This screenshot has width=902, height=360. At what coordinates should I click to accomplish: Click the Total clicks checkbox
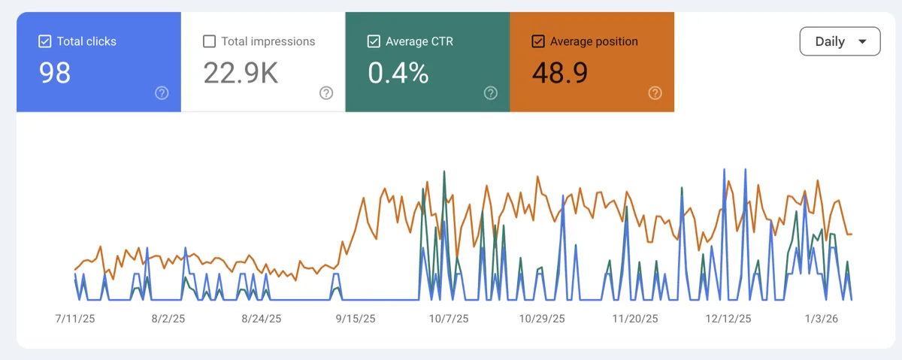(x=44, y=41)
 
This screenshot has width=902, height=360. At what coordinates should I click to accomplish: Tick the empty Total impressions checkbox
(x=209, y=41)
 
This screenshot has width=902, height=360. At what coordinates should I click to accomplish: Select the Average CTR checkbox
(x=374, y=41)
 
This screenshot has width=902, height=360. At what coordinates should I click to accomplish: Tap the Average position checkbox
(x=538, y=41)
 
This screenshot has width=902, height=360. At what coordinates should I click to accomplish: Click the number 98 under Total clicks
(x=55, y=73)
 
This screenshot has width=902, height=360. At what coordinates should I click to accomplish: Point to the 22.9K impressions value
(x=241, y=73)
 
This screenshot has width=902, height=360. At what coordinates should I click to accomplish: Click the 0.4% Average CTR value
(x=398, y=73)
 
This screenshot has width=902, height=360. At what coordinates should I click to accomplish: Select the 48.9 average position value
(x=560, y=73)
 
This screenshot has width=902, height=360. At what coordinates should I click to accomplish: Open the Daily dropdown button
(x=840, y=42)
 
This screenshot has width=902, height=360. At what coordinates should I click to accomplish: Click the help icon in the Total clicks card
(x=162, y=93)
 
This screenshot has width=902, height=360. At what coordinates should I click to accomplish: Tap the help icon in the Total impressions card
(x=326, y=93)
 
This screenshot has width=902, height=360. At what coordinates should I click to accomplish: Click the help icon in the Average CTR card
(x=491, y=93)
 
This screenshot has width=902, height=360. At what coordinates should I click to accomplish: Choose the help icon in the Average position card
(x=655, y=93)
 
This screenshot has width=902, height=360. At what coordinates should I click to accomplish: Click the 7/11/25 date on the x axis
(x=76, y=319)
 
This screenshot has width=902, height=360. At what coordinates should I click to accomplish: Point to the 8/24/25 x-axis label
(x=261, y=319)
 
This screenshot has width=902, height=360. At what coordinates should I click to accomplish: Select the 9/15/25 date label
(x=355, y=319)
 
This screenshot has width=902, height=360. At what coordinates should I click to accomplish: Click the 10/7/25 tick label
(x=448, y=319)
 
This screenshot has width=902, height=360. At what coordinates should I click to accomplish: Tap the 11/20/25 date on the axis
(x=635, y=319)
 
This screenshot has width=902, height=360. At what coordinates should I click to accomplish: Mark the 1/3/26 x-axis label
(x=822, y=319)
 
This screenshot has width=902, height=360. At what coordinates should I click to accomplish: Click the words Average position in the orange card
(x=594, y=41)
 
